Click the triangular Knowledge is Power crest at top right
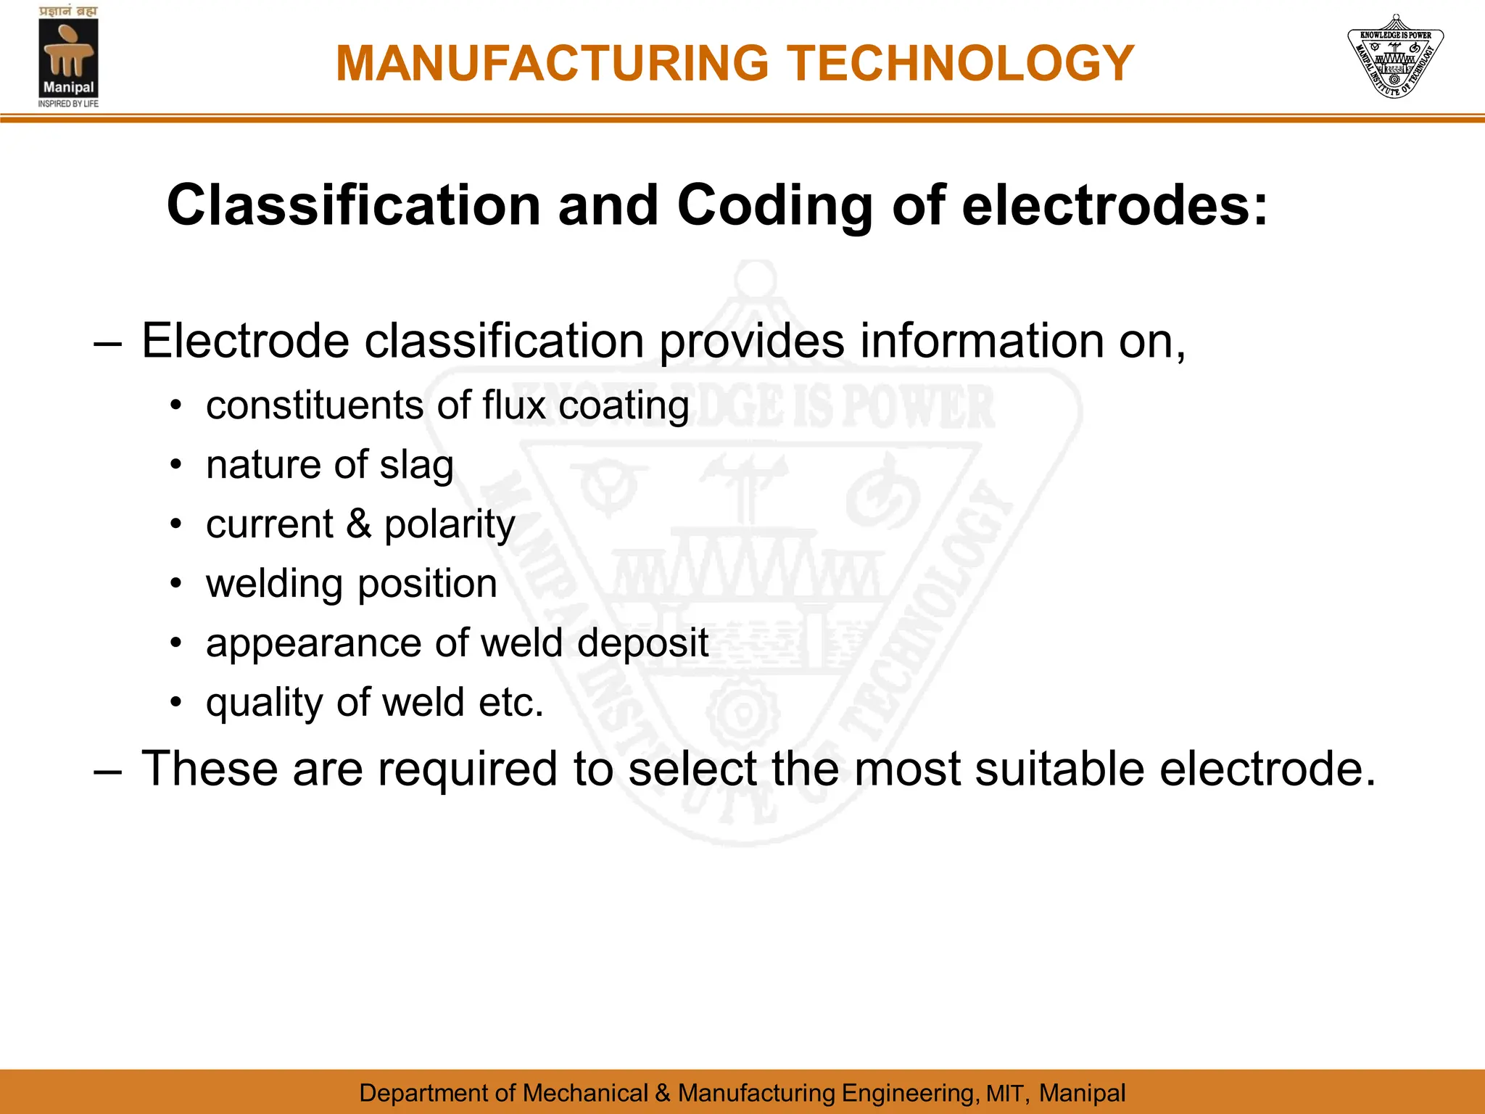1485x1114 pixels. [1394, 57]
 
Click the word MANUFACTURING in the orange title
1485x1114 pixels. [552, 64]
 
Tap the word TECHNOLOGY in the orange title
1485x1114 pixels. [961, 64]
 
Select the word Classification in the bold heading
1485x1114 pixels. [354, 205]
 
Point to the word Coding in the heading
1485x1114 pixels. [774, 207]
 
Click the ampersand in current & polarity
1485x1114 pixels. [358, 524]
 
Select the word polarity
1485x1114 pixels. [450, 526]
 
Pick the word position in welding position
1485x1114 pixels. [428, 585]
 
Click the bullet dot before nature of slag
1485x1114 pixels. [175, 465]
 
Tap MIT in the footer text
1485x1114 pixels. [1006, 1093]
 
